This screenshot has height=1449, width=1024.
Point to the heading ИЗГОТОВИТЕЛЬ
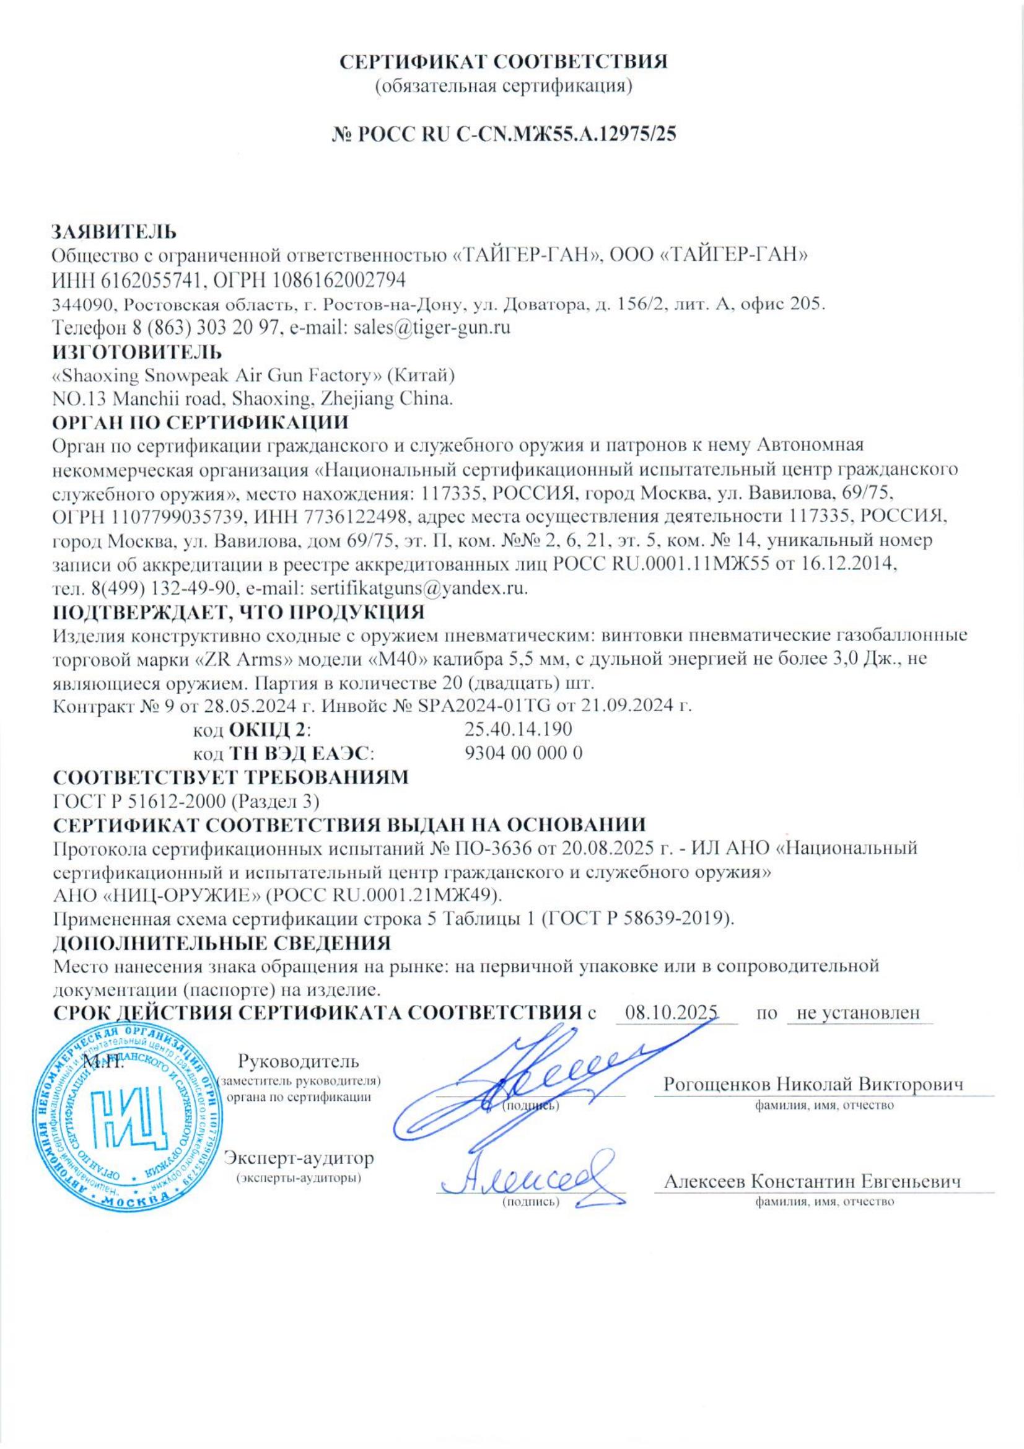point(136,351)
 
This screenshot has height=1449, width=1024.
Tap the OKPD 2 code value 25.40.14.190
point(518,730)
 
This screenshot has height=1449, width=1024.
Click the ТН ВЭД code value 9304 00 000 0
point(522,753)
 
